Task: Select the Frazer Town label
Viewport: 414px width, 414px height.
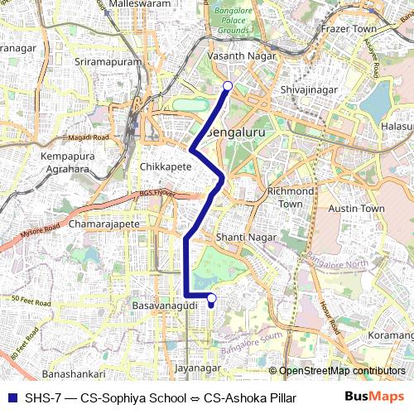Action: (348, 29)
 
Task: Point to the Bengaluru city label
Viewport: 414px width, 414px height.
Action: (238, 132)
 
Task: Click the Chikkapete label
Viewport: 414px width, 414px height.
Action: (166, 166)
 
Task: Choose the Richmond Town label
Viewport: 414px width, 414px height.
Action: (290, 197)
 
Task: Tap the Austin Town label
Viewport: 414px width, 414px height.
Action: (357, 209)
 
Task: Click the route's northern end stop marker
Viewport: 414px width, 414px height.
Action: (228, 85)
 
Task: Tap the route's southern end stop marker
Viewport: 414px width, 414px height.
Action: (210, 298)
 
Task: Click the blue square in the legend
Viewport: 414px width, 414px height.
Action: (12, 397)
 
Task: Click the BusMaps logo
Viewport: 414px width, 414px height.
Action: (375, 397)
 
